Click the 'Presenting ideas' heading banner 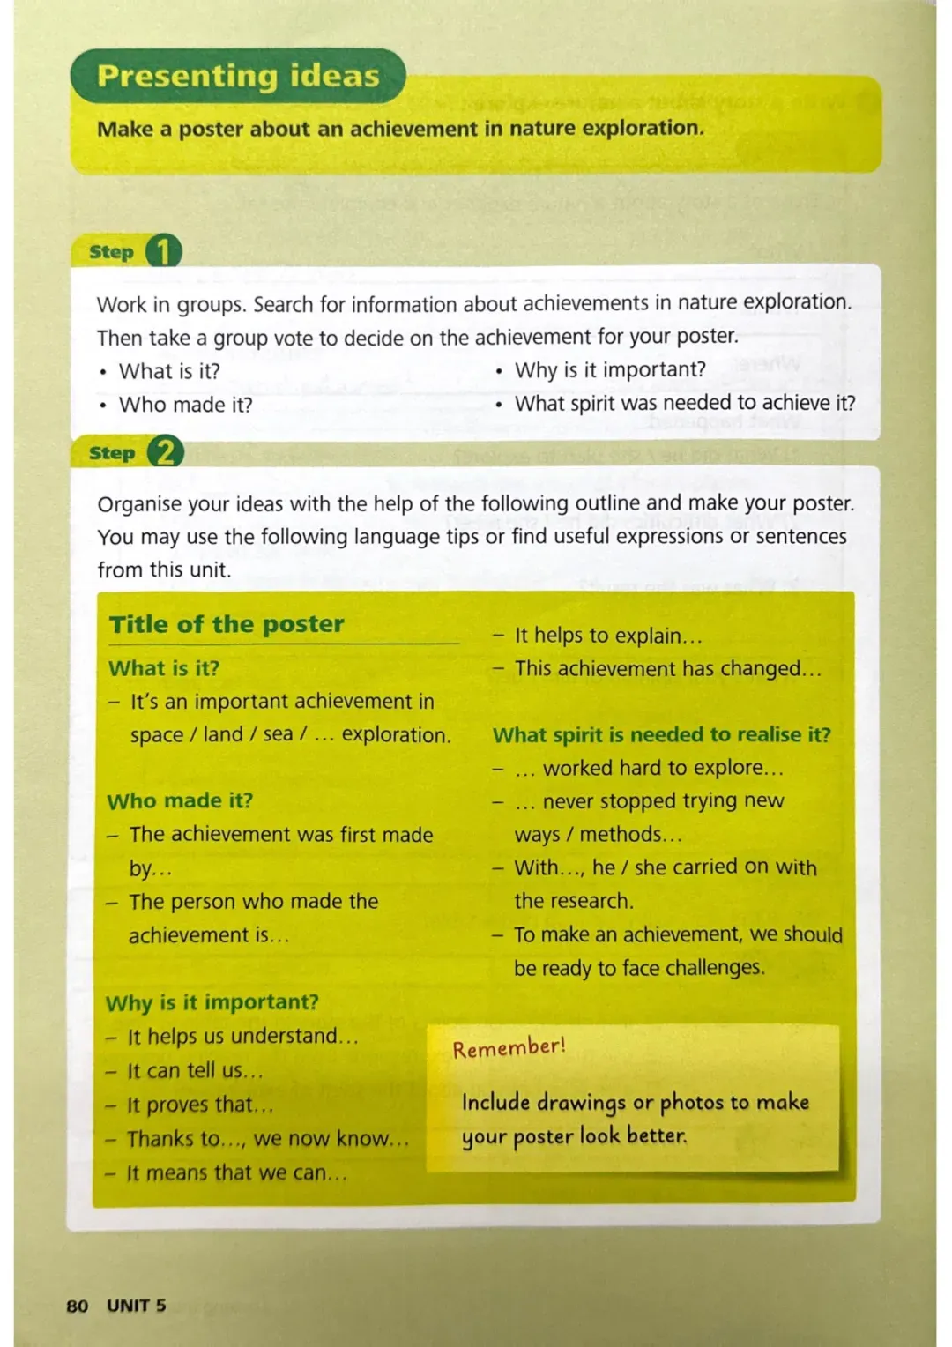point(238,76)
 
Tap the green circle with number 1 point(163,251)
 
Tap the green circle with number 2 point(165,452)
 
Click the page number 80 point(77,1306)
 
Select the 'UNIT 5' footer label point(137,1306)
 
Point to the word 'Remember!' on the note point(509,1047)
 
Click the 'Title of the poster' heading point(227,624)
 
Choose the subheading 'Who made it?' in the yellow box point(180,800)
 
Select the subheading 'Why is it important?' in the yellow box point(212,1002)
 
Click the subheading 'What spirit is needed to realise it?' point(661,734)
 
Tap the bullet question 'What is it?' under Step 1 point(169,371)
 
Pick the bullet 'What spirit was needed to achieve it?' point(685,403)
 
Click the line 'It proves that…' point(200,1105)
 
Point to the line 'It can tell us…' point(195,1071)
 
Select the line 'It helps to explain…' point(608,636)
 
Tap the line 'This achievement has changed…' point(667,669)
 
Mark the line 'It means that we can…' point(236,1173)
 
